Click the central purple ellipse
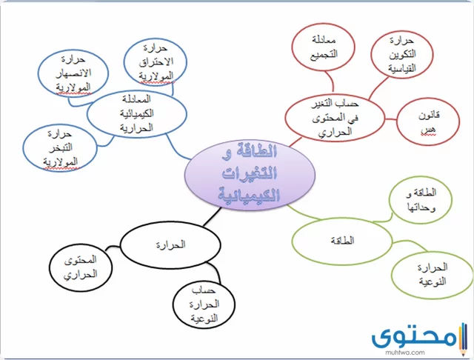(x=250, y=175)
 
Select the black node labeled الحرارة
(x=170, y=245)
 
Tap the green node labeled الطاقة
(x=342, y=241)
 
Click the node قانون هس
(x=428, y=121)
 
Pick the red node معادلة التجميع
(x=323, y=47)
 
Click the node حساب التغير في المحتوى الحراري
(x=335, y=118)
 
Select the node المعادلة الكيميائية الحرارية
(x=136, y=113)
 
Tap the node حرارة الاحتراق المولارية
(x=156, y=62)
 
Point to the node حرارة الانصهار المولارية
(x=73, y=73)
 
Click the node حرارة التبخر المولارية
(x=60, y=148)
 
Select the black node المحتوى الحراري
(x=81, y=267)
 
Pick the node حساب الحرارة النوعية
(x=204, y=304)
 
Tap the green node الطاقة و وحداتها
(x=421, y=200)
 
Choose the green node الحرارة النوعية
(x=433, y=275)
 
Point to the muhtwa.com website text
(x=405, y=353)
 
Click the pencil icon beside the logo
(x=462, y=339)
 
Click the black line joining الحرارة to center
(x=212, y=217)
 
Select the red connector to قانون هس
(x=390, y=119)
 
